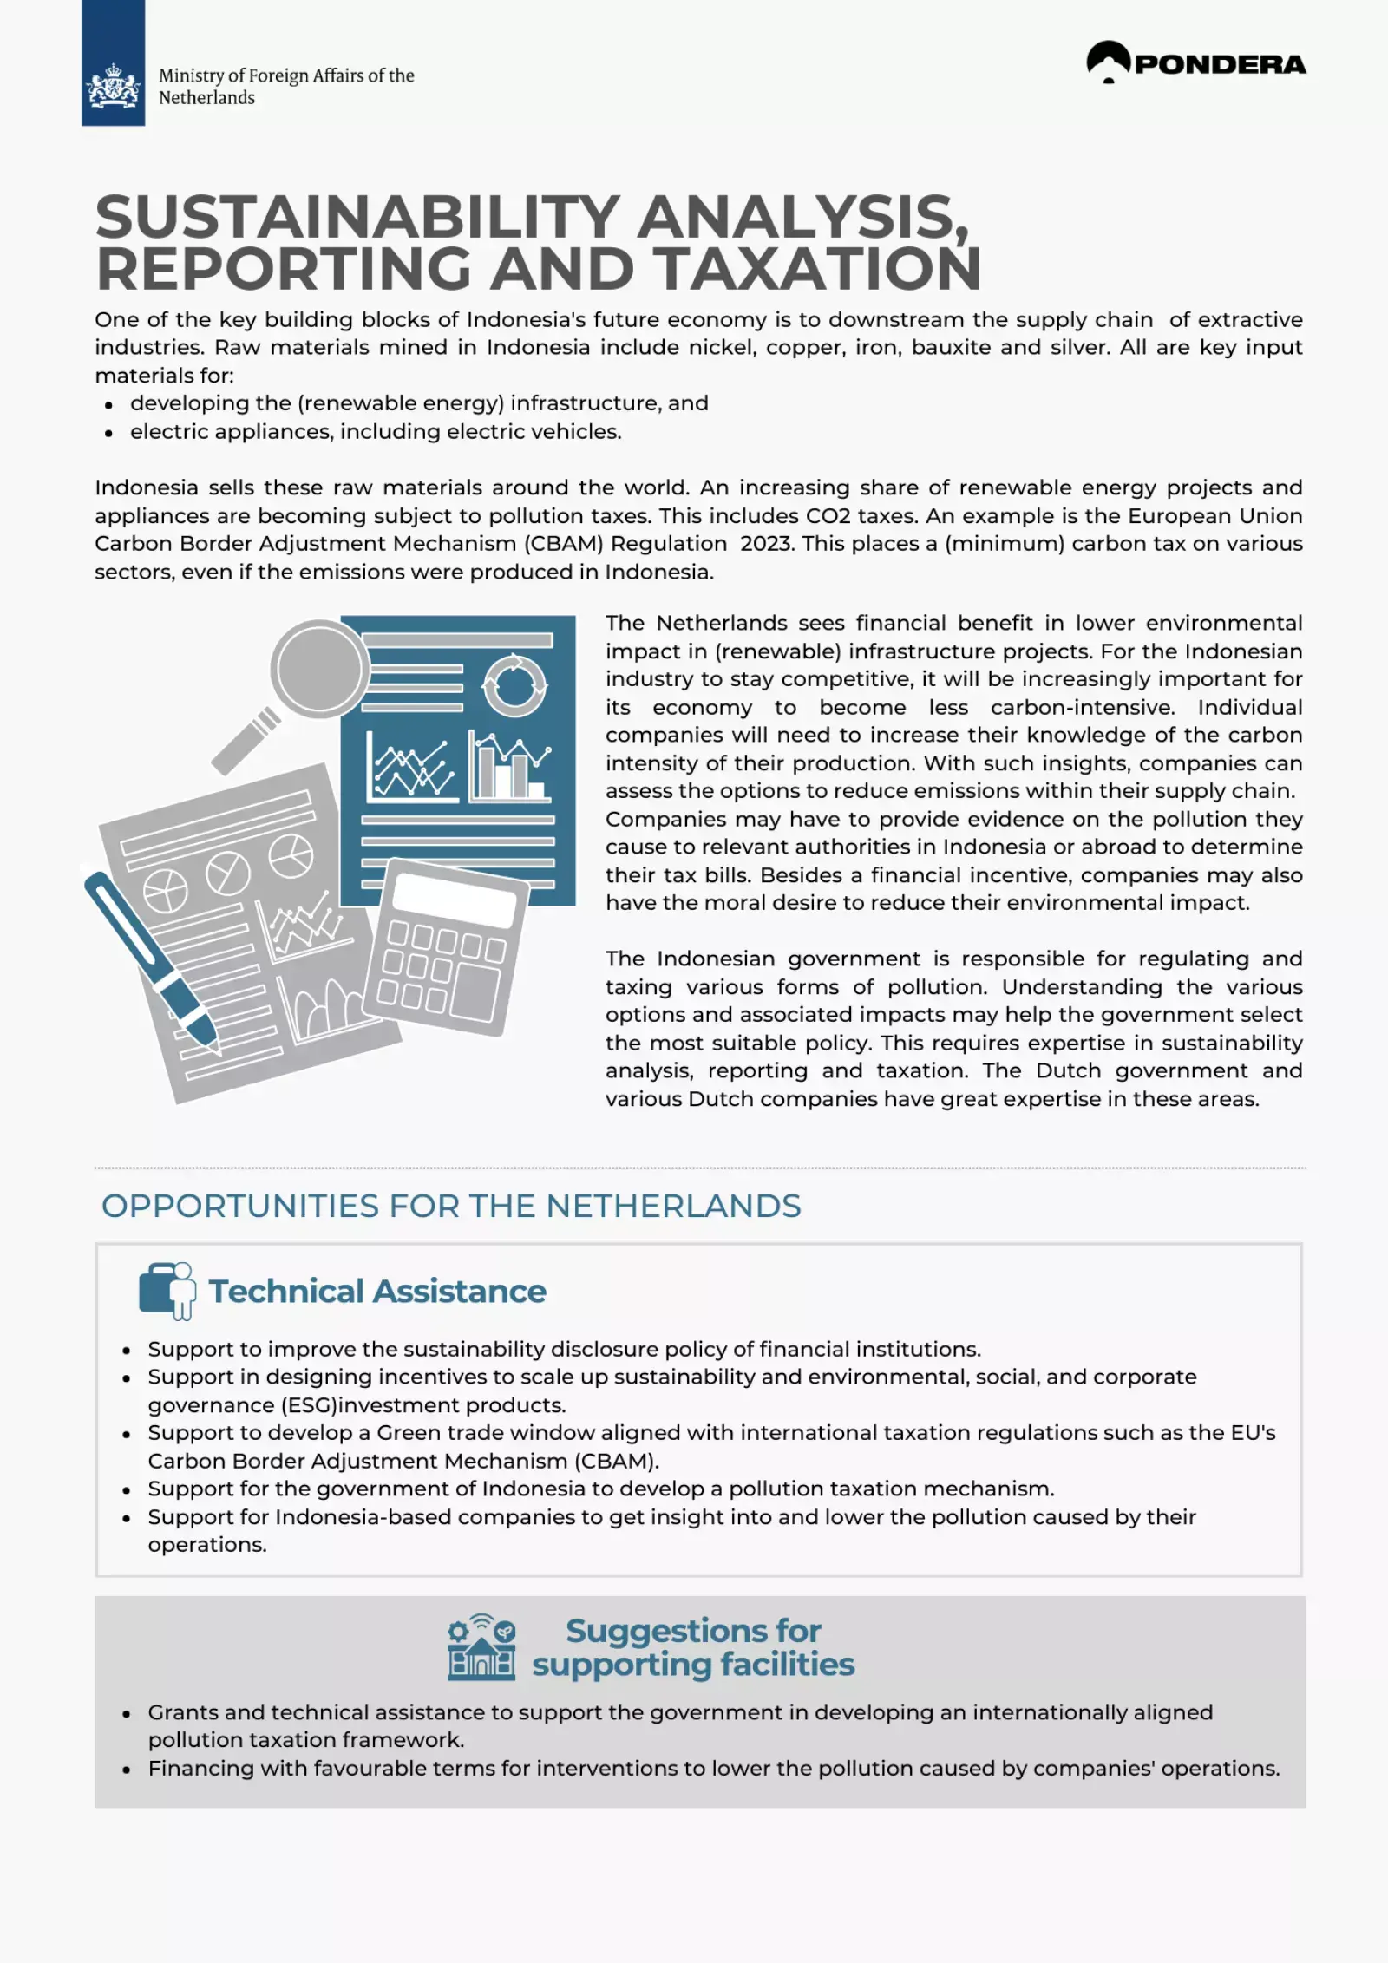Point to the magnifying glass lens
[319, 669]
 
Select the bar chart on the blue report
[510, 767]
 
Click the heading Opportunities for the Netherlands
[451, 1206]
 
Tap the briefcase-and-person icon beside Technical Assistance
[167, 1290]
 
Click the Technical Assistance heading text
[377, 1291]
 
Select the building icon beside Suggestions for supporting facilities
[481, 1647]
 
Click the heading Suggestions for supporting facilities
[693, 1646]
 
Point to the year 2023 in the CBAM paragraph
[765, 544]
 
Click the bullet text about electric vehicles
[376, 431]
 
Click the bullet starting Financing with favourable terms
[713, 1768]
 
